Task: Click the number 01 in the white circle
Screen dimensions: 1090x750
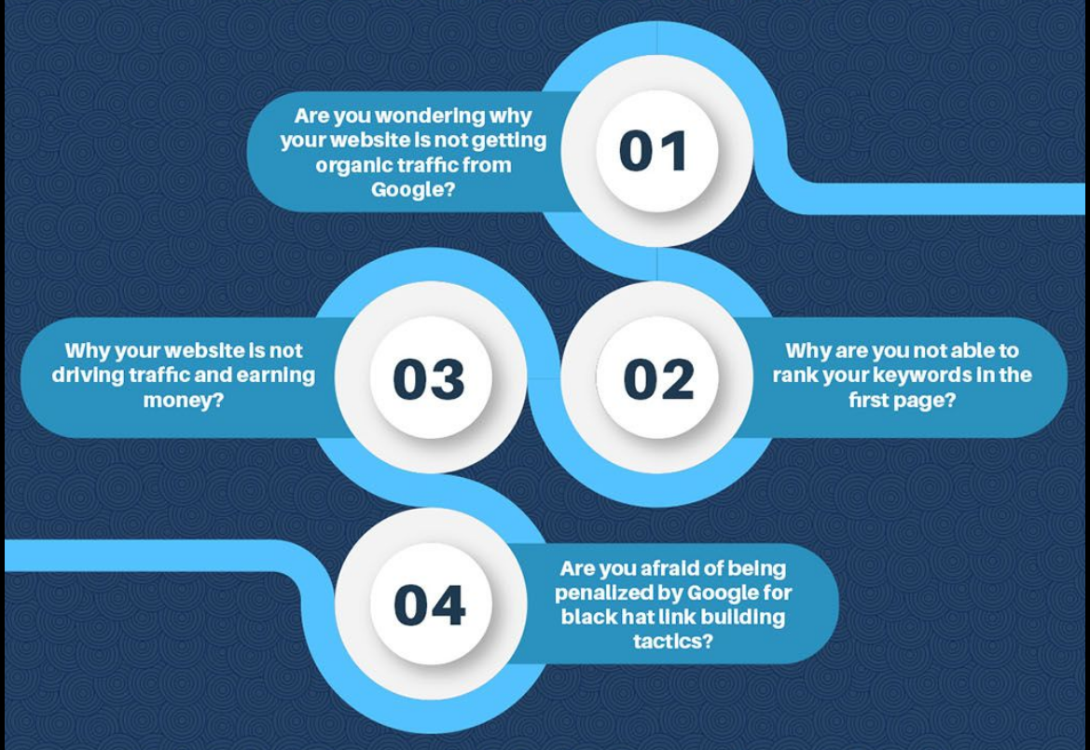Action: click(x=654, y=151)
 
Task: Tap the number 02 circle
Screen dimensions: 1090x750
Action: click(x=656, y=377)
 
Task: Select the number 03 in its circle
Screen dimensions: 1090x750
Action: click(x=429, y=379)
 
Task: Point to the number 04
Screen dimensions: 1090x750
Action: click(x=429, y=606)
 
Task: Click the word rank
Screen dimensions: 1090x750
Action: click(x=795, y=375)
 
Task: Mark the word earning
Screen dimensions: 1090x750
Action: click(x=275, y=375)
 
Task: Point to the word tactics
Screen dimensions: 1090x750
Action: click(x=673, y=641)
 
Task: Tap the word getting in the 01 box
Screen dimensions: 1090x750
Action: click(x=509, y=141)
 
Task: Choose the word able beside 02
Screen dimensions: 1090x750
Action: click(x=969, y=350)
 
